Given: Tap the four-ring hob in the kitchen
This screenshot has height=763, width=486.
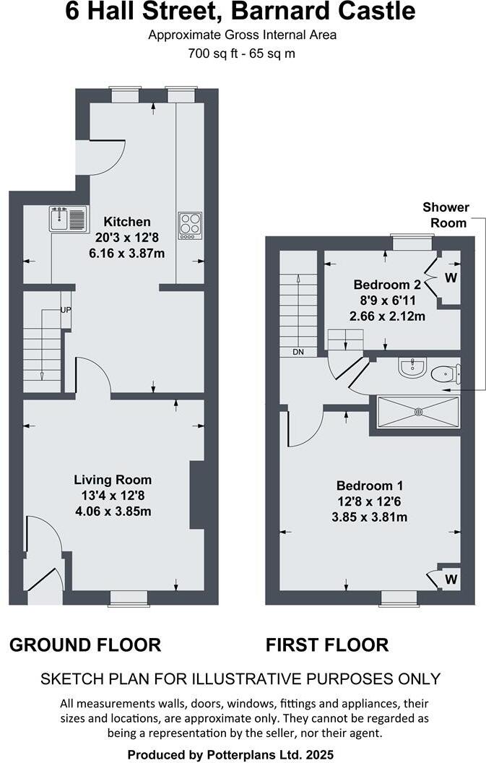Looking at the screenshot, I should pyautogui.click(x=190, y=225).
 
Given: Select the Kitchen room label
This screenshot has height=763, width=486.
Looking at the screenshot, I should pyautogui.click(x=127, y=222).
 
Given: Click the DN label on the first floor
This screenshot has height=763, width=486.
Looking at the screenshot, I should pyautogui.click(x=299, y=352).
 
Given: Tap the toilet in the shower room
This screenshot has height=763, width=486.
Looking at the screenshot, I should pyautogui.click(x=444, y=374).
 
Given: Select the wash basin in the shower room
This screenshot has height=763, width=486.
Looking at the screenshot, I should pyautogui.click(x=412, y=368).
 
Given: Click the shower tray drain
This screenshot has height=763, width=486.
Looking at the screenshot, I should pyautogui.click(x=417, y=413).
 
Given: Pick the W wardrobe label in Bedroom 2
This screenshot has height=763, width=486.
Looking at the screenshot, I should pyautogui.click(x=451, y=277).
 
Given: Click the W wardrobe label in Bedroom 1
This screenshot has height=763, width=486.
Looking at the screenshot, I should pyautogui.click(x=451, y=578).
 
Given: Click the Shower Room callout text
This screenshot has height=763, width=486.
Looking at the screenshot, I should pyautogui.click(x=446, y=215).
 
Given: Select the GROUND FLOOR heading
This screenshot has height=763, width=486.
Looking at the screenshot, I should pyautogui.click(x=85, y=645).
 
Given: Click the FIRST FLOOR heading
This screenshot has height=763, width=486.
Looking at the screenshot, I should pyautogui.click(x=327, y=645).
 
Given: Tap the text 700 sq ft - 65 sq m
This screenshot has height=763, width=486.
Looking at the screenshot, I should pyautogui.click(x=243, y=53).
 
